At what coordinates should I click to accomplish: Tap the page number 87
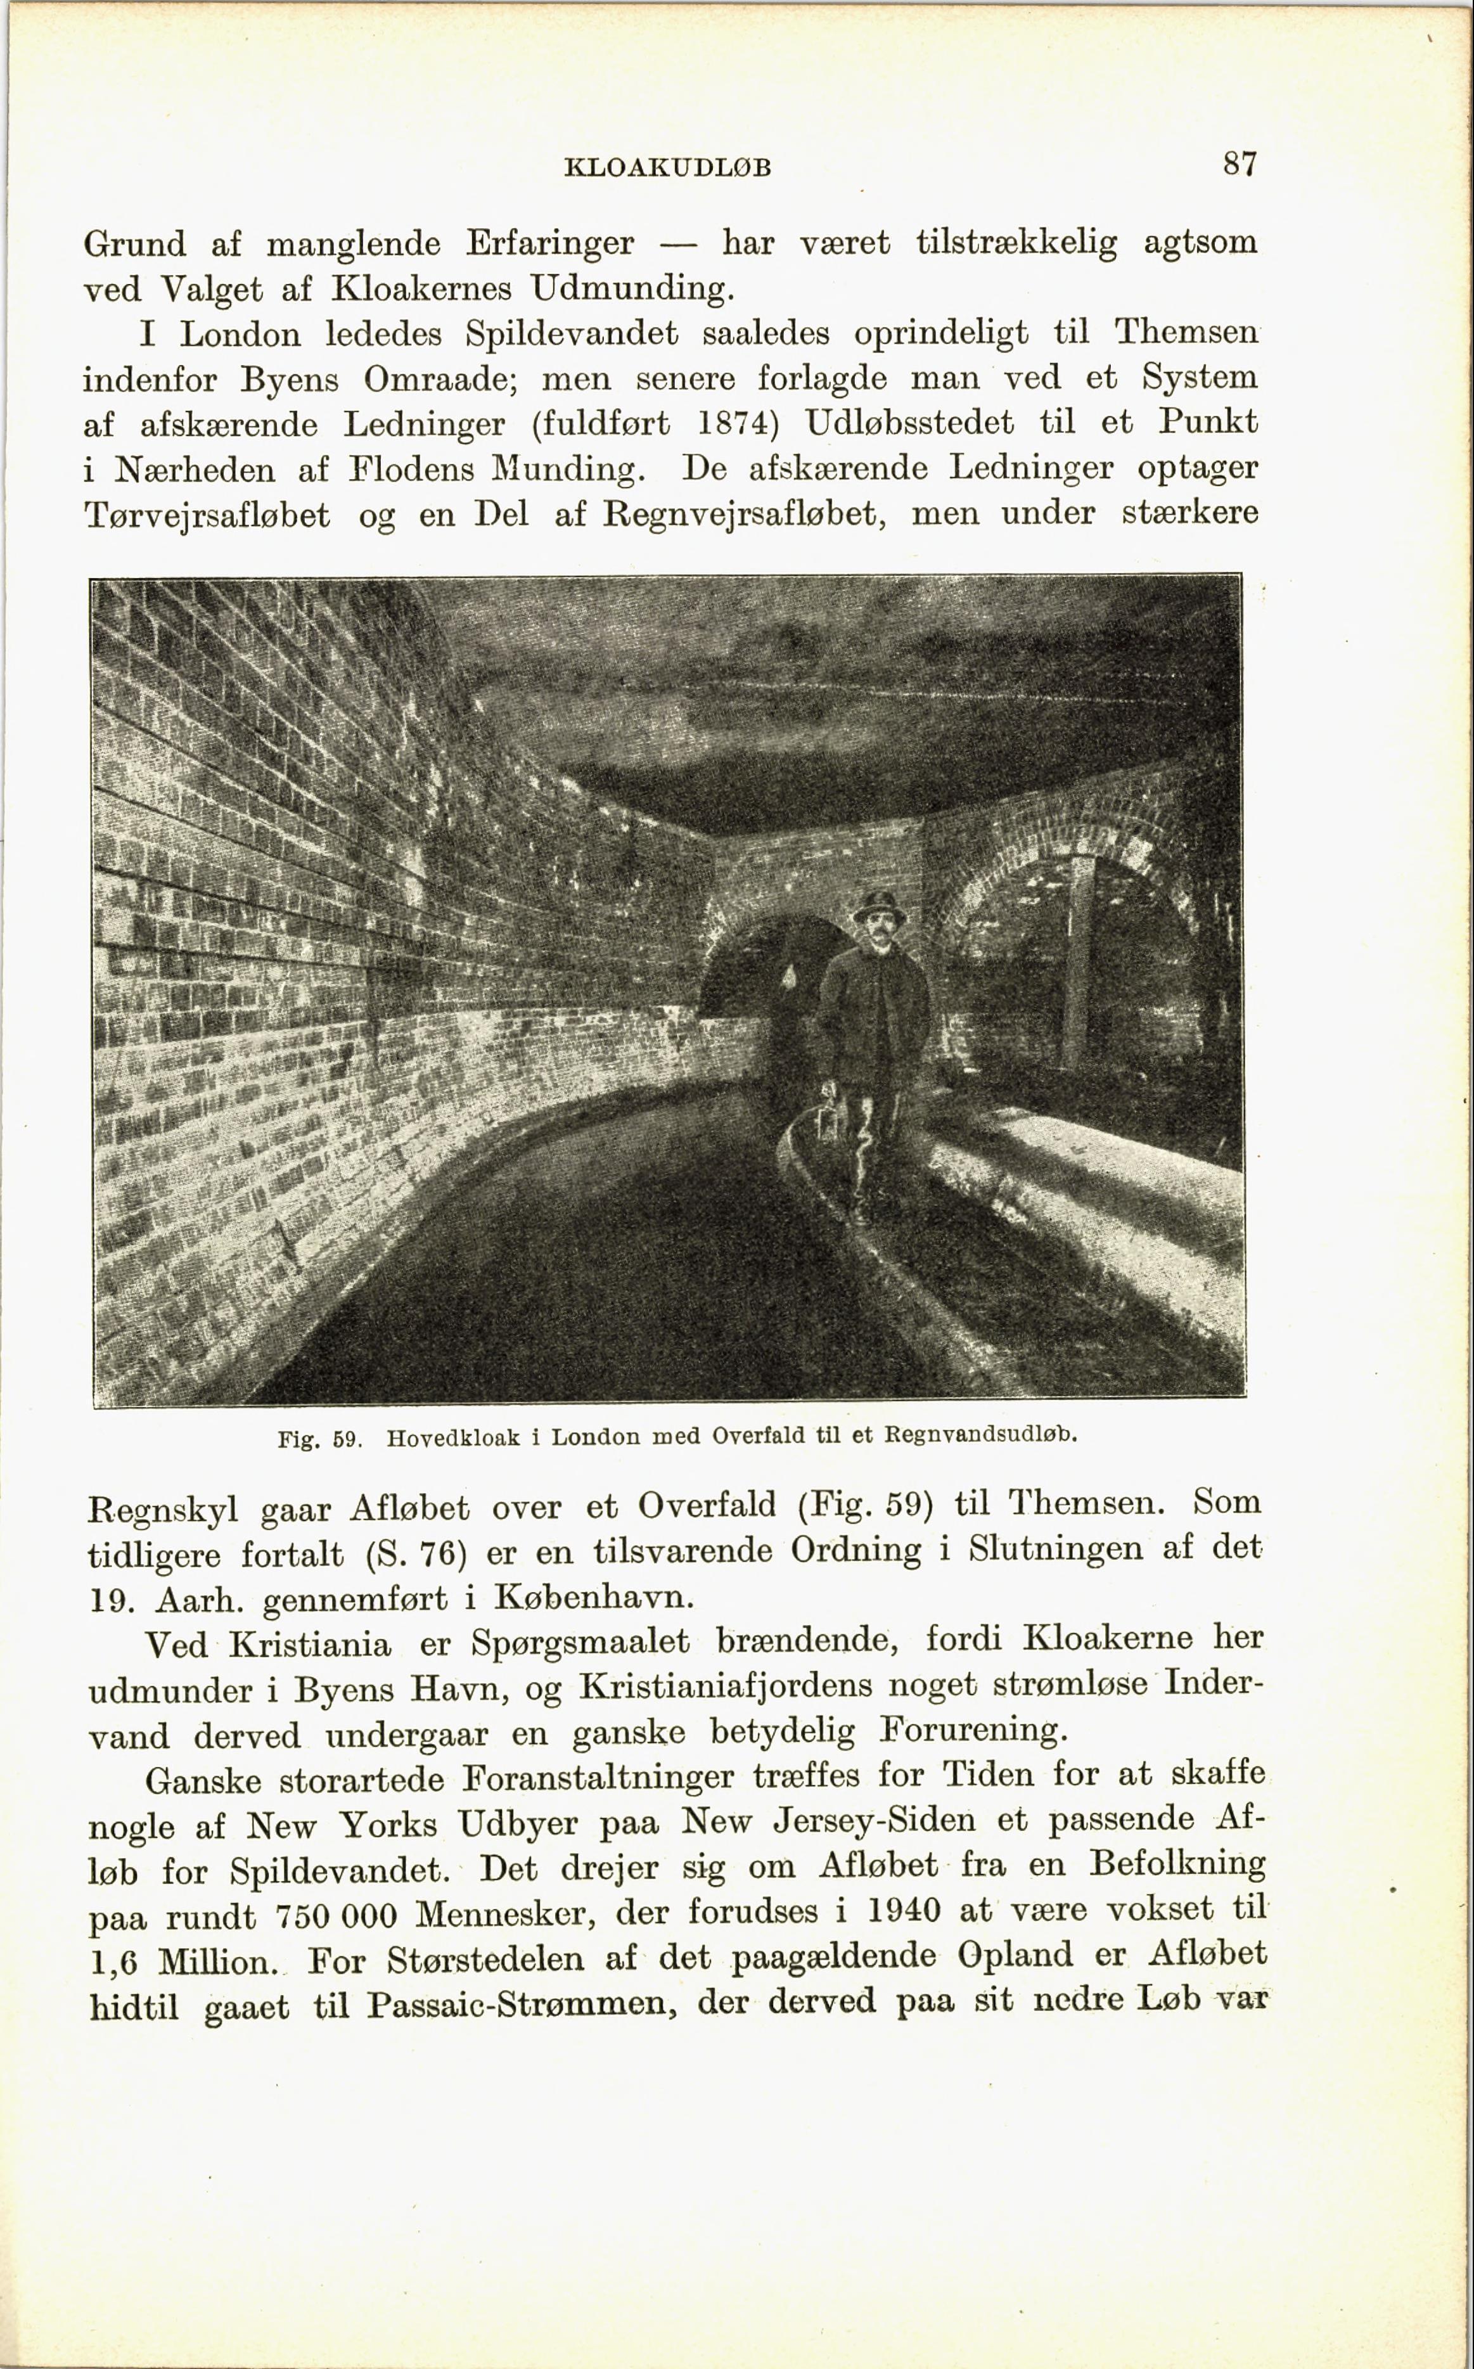tap(1240, 163)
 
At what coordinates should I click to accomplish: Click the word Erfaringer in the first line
tap(550, 243)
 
